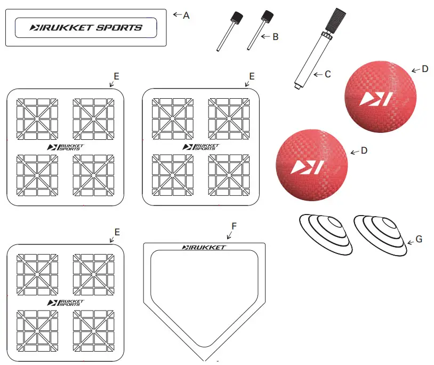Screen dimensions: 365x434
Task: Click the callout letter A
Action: click(x=186, y=15)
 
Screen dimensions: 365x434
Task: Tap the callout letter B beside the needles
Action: click(x=275, y=37)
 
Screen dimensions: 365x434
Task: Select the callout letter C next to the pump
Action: click(x=327, y=74)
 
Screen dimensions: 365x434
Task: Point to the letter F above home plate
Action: click(x=234, y=226)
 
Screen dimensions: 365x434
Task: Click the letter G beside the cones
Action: click(x=419, y=239)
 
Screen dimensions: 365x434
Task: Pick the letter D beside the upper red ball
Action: click(x=424, y=69)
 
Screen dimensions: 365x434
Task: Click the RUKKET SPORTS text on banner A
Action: click(x=86, y=27)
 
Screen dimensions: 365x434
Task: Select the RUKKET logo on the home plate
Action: click(x=204, y=247)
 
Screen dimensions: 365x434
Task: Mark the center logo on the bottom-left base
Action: click(x=66, y=303)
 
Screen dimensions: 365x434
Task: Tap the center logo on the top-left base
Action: click(x=66, y=147)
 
